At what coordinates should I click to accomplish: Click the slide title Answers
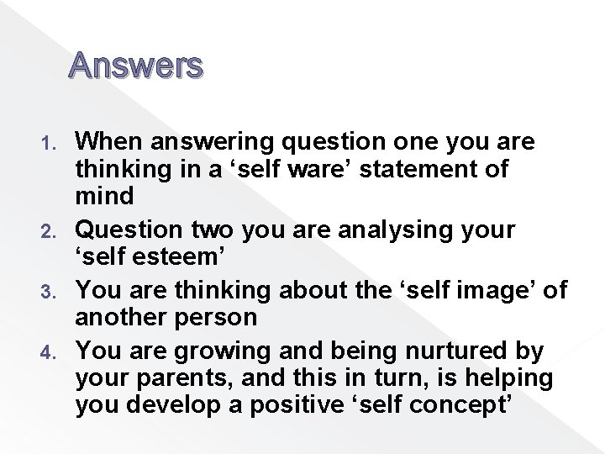click(136, 65)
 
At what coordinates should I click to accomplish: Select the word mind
click(104, 198)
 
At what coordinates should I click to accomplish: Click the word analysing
click(392, 230)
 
